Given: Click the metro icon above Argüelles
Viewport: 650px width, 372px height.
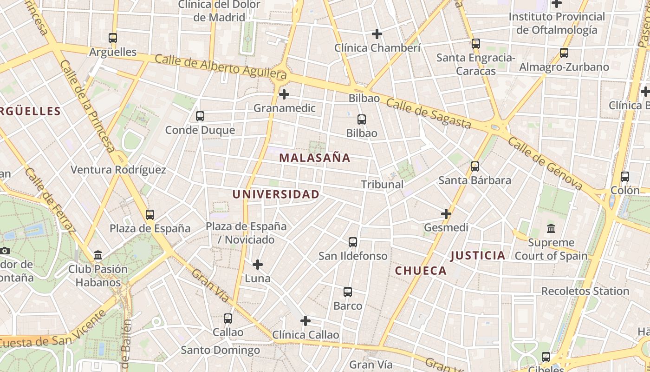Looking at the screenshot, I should point(113,38).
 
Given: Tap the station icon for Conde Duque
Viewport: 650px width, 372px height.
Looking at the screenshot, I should point(200,116).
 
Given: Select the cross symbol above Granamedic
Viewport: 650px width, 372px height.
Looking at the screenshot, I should point(284,94).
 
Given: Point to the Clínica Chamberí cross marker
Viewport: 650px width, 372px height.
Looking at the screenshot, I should point(377,34).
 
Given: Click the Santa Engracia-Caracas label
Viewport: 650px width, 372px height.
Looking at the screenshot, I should point(475,65).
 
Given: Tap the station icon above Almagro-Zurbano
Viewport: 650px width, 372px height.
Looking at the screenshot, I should point(564,53).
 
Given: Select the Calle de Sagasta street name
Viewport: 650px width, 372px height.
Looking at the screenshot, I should point(429,113).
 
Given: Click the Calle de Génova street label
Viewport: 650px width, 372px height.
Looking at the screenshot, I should point(545,163).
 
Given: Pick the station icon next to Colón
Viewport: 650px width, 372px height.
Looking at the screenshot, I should point(625,177).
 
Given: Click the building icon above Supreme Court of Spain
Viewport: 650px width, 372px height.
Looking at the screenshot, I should point(551,228).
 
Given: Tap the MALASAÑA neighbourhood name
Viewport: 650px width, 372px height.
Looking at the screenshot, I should point(315,158).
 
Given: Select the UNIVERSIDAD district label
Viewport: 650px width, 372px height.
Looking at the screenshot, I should point(276,194).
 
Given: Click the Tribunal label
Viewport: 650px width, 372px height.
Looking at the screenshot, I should point(382,185).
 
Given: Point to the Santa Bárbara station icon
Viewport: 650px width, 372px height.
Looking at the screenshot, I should point(474,166).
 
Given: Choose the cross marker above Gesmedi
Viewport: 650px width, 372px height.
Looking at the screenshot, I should point(446,214).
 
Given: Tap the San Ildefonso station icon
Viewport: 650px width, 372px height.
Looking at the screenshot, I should point(353,242).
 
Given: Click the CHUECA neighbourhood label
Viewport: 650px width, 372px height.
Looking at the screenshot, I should point(421,271).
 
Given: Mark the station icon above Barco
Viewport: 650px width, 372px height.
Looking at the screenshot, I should point(348,292).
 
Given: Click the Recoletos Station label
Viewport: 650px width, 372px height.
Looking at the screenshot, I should point(585,292).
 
